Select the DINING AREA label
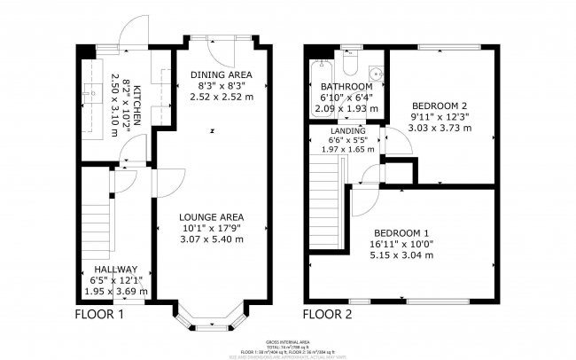tap(221, 74)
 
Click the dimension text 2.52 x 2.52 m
tap(221, 97)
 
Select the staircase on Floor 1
tap(94, 227)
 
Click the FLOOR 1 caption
tap(99, 314)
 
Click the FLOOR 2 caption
tap(329, 314)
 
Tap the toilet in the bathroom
tap(351, 68)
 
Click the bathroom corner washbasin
tap(376, 74)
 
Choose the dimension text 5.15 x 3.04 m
tap(402, 255)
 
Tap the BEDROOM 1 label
tap(402, 232)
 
